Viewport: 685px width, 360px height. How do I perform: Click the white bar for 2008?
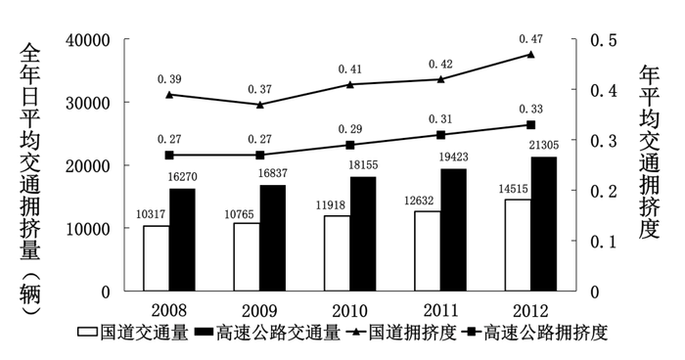coord(156,258)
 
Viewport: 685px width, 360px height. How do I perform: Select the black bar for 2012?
coord(544,224)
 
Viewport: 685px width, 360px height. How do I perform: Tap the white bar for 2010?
coord(338,253)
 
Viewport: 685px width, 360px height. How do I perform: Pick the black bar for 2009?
coord(273,238)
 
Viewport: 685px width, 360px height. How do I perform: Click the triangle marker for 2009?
coord(260,105)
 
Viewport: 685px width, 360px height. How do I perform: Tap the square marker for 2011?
coord(440,135)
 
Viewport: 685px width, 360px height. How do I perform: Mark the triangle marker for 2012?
coord(531,55)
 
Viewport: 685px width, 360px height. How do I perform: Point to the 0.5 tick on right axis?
coord(599,40)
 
